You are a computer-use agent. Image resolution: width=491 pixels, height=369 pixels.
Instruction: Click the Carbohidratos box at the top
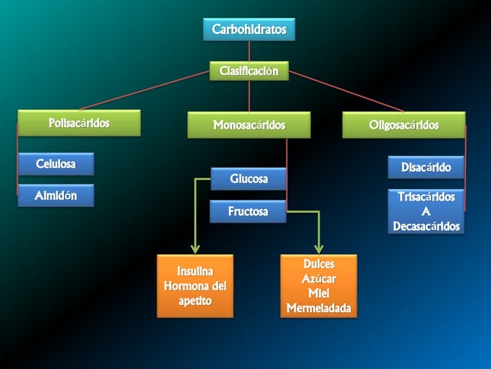[x=249, y=29]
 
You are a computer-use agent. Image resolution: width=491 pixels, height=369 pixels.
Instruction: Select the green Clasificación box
[x=249, y=71]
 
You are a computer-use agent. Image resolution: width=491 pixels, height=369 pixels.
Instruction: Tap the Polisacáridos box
[x=79, y=123]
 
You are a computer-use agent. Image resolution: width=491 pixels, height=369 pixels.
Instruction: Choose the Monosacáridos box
[x=249, y=125]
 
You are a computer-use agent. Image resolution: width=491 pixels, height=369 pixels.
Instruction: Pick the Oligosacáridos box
[x=403, y=125]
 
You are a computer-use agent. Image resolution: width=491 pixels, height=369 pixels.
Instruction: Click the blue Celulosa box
[x=56, y=164]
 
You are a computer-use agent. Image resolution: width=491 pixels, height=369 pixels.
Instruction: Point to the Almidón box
[x=56, y=196]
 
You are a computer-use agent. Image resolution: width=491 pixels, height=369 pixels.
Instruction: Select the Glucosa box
[x=249, y=179]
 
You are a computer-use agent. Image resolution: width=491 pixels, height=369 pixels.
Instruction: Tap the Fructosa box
[x=248, y=211]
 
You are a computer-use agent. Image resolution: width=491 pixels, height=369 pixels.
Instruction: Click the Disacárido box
[x=426, y=168]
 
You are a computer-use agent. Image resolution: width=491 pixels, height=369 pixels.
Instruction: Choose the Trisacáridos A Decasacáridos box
[x=426, y=211]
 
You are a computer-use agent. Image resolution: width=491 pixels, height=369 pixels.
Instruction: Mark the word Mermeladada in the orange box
[x=318, y=308]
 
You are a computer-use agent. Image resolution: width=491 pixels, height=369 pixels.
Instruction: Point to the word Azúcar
[x=318, y=279]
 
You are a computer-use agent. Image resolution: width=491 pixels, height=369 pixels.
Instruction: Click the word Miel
[x=318, y=293]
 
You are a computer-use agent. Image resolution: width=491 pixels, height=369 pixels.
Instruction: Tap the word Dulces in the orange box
[x=318, y=264]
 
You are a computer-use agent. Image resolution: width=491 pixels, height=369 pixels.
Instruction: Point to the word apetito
[x=195, y=299]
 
